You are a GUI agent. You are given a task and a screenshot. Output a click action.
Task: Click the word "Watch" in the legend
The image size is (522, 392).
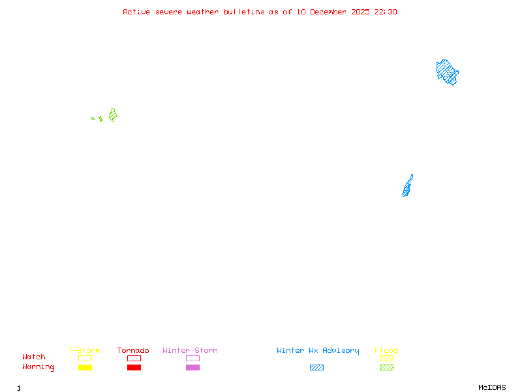(34, 357)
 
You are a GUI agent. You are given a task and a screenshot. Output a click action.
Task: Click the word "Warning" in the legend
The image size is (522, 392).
(38, 367)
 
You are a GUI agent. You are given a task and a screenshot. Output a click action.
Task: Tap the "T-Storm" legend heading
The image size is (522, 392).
(84, 351)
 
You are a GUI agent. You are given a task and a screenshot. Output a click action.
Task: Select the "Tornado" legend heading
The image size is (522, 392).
(133, 351)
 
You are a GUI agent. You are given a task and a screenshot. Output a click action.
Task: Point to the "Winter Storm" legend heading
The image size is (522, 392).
(190, 351)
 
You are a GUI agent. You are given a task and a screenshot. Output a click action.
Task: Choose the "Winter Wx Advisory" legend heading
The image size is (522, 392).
(318, 351)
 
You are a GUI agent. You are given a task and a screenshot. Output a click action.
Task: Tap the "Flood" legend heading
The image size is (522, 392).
(386, 351)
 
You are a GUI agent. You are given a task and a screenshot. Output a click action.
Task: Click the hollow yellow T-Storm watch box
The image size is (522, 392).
(85, 358)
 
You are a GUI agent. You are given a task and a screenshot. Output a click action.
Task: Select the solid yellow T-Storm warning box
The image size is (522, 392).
(85, 368)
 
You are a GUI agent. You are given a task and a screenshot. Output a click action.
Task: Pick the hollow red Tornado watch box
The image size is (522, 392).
(134, 358)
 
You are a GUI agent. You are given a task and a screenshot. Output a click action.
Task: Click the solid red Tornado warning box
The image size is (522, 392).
(134, 368)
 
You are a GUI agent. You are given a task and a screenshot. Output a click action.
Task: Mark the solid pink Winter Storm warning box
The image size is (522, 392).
(192, 368)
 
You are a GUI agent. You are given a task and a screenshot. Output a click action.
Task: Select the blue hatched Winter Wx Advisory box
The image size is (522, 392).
(316, 368)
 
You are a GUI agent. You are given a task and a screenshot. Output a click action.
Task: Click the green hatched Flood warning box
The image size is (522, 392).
(386, 368)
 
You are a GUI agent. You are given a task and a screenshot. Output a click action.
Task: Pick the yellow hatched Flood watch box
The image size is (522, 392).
(386, 358)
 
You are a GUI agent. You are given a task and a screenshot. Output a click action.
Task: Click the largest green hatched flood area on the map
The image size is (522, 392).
(113, 116)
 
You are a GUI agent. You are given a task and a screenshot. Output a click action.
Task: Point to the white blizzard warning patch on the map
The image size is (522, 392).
(413, 178)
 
